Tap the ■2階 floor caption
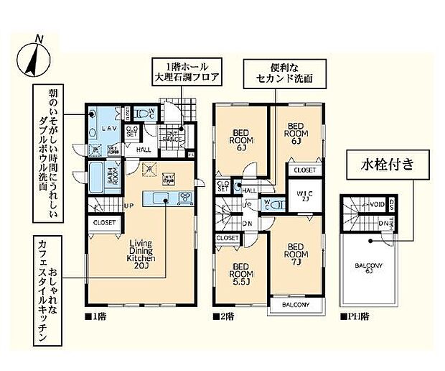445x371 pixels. tap(222, 315)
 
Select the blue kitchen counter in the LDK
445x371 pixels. tap(166, 198)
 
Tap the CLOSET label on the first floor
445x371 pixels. tap(104, 223)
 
